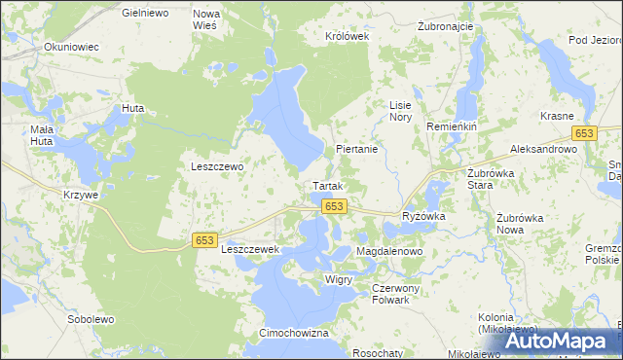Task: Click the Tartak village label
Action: pyautogui.click(x=327, y=185)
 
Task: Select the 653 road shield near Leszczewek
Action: pyautogui.click(x=204, y=239)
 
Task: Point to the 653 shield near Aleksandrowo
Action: pyautogui.click(x=584, y=133)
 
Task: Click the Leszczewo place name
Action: pyautogui.click(x=217, y=166)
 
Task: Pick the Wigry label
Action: pyautogui.click(x=339, y=279)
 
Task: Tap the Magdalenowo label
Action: pyautogui.click(x=389, y=251)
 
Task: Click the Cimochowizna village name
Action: pyautogui.click(x=294, y=333)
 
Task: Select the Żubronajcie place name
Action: pyautogui.click(x=445, y=26)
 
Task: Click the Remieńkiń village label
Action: pyautogui.click(x=450, y=127)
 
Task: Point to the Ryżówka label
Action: pyautogui.click(x=423, y=217)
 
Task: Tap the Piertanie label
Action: pyautogui.click(x=356, y=150)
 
